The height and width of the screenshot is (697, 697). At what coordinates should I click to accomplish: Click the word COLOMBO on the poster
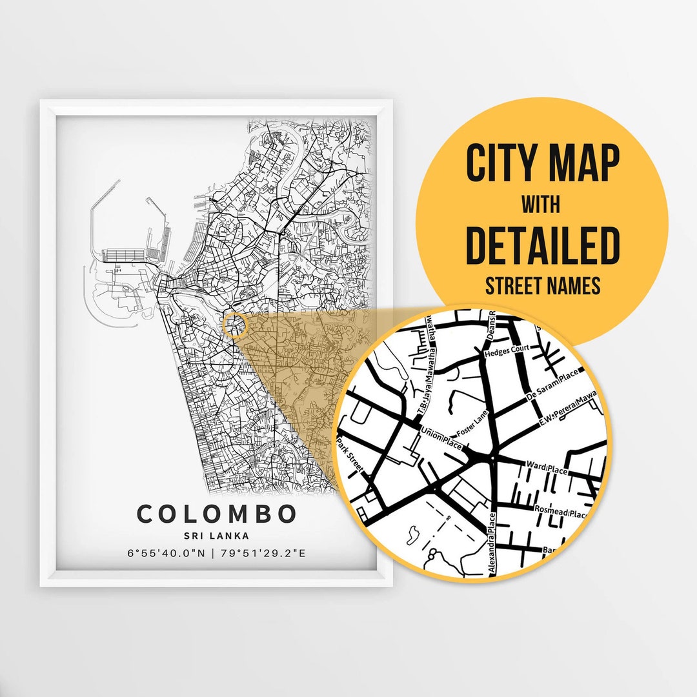click(216, 514)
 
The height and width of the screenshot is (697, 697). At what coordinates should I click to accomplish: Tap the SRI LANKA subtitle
click(216, 536)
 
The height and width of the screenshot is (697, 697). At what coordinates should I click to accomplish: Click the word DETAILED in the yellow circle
click(542, 245)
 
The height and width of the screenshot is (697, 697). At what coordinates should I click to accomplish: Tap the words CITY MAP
click(542, 163)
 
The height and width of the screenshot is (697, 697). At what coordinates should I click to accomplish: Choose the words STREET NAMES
click(542, 285)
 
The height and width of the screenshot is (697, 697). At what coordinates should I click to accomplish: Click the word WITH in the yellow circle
click(541, 205)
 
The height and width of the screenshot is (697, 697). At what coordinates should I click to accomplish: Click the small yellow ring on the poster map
click(234, 325)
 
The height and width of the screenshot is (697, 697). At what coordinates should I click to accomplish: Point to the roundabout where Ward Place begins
click(492, 458)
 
